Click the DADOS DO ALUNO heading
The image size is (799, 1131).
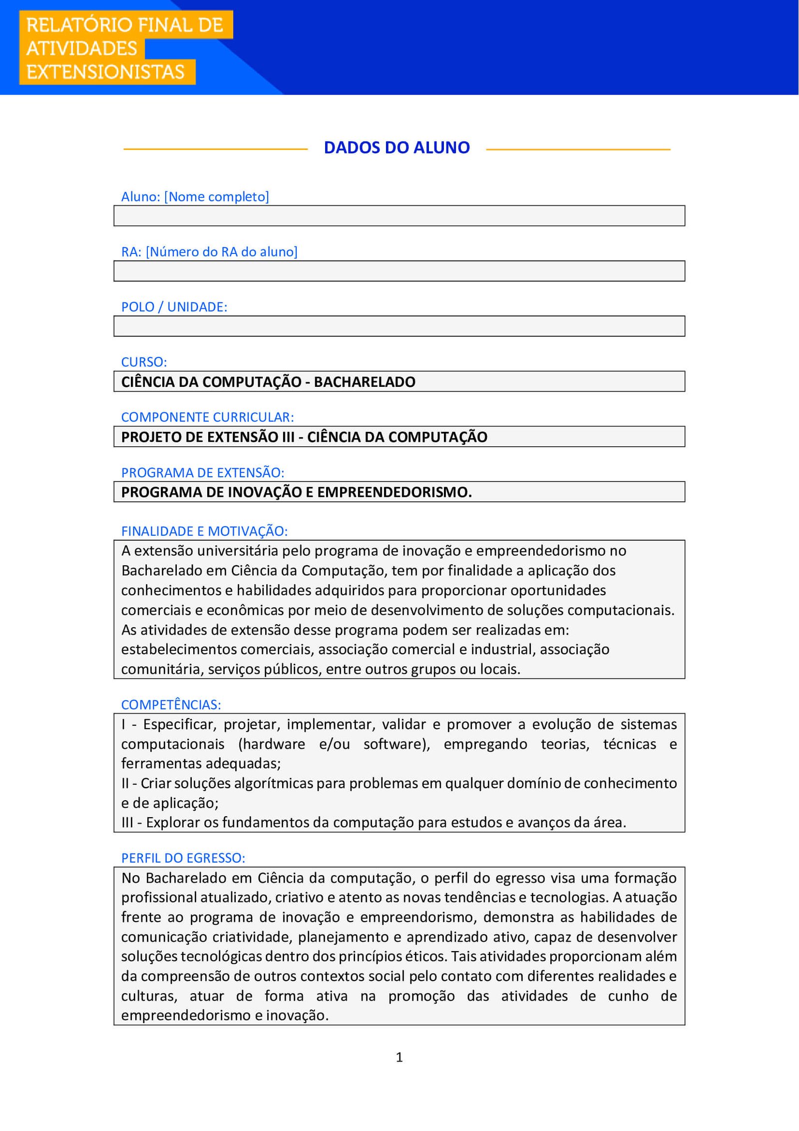click(x=397, y=147)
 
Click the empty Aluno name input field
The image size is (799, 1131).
click(x=399, y=216)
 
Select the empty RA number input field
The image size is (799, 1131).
click(x=399, y=271)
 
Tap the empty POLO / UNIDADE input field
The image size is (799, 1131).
click(x=399, y=326)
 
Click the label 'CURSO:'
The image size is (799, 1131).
click(x=144, y=362)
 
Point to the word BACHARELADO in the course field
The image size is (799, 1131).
click(x=365, y=382)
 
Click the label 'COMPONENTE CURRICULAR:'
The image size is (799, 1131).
click(x=207, y=417)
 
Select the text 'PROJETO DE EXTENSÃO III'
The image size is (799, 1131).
click(x=208, y=437)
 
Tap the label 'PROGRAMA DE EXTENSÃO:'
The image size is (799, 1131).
click(x=202, y=472)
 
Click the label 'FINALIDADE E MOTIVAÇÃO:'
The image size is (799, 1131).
click(x=204, y=531)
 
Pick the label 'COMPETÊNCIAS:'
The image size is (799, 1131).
click(x=171, y=705)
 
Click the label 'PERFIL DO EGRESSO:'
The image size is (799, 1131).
click(x=183, y=858)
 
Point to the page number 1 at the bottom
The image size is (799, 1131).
click(x=399, y=1057)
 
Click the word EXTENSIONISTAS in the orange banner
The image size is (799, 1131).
click(x=105, y=72)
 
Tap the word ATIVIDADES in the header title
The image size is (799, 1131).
click(x=81, y=48)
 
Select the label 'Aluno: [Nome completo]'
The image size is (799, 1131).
click(x=195, y=197)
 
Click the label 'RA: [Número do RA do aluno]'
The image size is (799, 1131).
click(x=209, y=252)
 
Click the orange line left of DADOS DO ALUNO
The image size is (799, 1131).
click(x=215, y=149)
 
